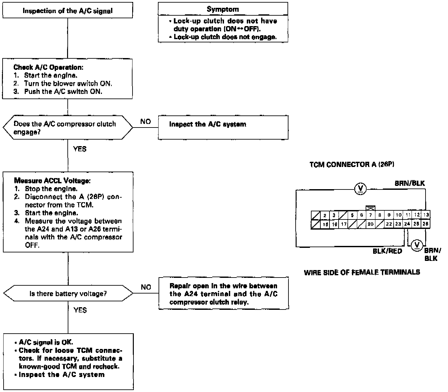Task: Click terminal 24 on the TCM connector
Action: (407, 224)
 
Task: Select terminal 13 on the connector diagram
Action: (426, 215)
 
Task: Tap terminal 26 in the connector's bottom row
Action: (426, 224)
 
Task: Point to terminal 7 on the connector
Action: (370, 215)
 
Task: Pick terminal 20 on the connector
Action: (370, 224)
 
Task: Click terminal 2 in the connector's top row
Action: (325, 215)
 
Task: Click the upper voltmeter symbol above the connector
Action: (360, 188)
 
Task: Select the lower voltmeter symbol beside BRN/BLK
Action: (416, 245)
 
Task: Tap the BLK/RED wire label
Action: (387, 251)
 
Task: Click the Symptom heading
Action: (223, 9)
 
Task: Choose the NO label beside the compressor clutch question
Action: (146, 121)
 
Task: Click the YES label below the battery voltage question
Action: (80, 310)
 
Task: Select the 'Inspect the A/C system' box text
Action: (208, 124)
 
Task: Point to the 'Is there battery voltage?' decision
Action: (68, 294)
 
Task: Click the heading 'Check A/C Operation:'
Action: (48, 67)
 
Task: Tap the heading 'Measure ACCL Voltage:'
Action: (52, 180)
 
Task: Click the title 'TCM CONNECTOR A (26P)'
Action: (352, 164)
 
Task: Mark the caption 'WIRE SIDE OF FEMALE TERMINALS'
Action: (362, 272)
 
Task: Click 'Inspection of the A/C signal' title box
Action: (67, 11)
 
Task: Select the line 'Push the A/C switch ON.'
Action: (63, 91)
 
